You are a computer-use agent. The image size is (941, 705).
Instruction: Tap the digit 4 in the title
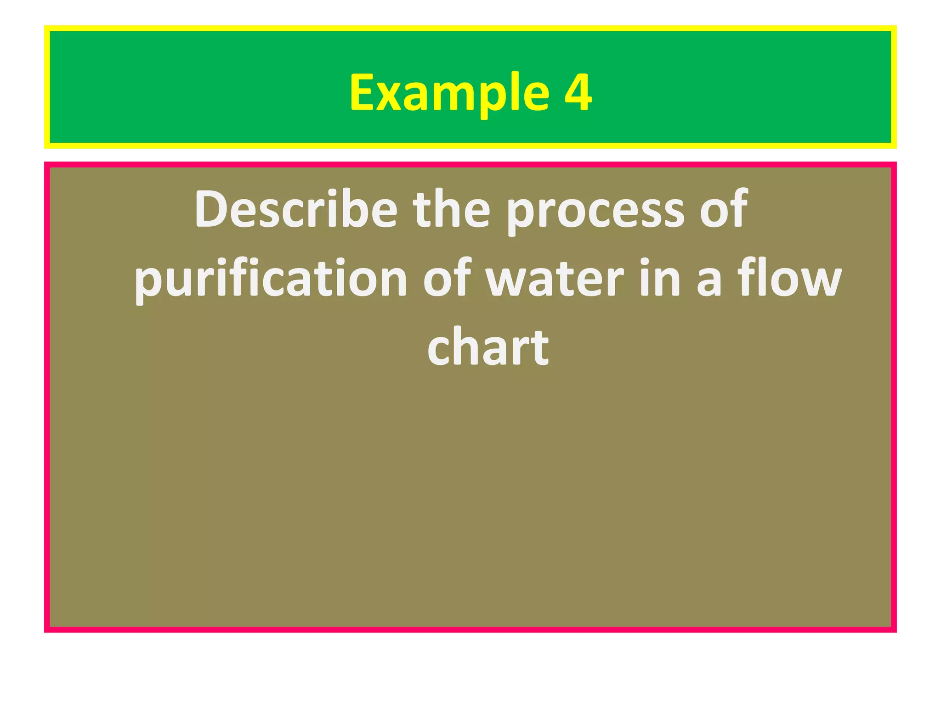(578, 93)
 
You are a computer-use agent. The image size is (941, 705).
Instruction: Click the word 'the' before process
(452, 210)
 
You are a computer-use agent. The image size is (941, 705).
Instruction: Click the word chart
(488, 347)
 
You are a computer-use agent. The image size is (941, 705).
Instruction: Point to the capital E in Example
(363, 93)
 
